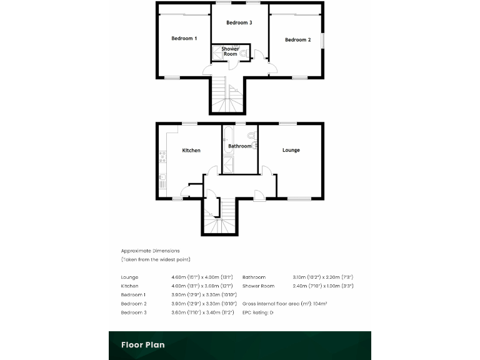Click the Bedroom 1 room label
[x=184, y=38]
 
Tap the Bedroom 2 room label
[x=297, y=39]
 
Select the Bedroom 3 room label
[x=239, y=22]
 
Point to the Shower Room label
[x=230, y=51]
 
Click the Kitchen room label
[x=191, y=150]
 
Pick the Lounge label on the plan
[x=291, y=150]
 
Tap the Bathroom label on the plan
[x=239, y=146]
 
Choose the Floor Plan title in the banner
[x=143, y=344]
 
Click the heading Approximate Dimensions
[x=150, y=251]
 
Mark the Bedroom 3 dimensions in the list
[x=194, y=312]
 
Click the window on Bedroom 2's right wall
[x=323, y=39]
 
